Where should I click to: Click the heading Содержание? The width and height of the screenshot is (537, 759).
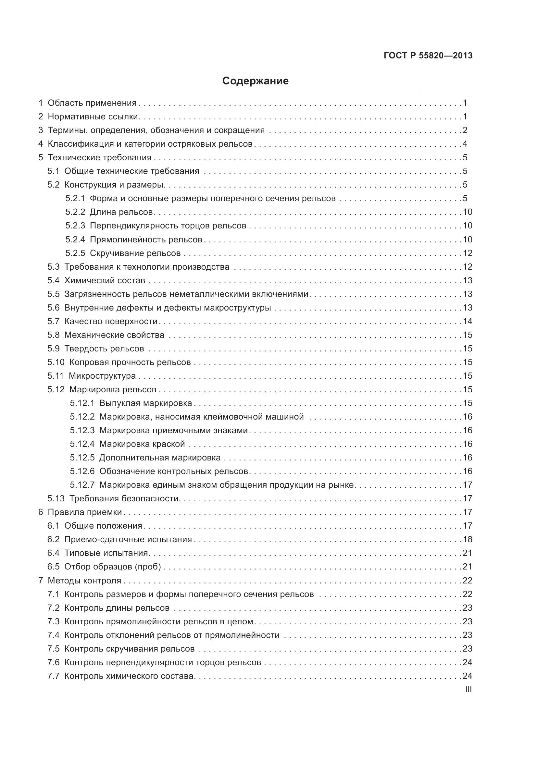coord(255,81)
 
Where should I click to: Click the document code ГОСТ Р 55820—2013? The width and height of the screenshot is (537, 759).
coord(428,55)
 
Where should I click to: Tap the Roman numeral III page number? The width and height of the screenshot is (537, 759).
coord(468,689)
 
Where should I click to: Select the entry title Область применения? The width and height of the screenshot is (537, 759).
coord(92,103)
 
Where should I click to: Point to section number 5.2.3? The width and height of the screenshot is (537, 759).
coord(75,226)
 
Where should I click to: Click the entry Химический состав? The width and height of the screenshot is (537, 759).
coord(105,280)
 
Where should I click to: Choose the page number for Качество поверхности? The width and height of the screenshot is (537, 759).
coord(468,321)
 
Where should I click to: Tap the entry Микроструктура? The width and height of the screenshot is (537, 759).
coord(102,376)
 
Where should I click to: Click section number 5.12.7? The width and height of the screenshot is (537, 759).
coord(82,485)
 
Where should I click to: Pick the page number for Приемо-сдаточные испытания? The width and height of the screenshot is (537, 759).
coord(468,540)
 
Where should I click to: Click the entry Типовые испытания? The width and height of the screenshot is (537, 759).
coord(106,553)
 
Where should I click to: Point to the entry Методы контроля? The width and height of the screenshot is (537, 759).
coord(84,581)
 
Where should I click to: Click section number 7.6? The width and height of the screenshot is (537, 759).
coord(53,662)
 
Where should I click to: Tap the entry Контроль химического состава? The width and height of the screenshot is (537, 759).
coord(129,676)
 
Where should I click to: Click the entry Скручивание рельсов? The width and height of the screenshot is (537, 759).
coord(135,253)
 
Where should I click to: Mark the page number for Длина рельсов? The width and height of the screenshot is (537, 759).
coord(468,212)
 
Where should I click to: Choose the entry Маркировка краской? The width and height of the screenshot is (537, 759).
coord(142,444)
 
